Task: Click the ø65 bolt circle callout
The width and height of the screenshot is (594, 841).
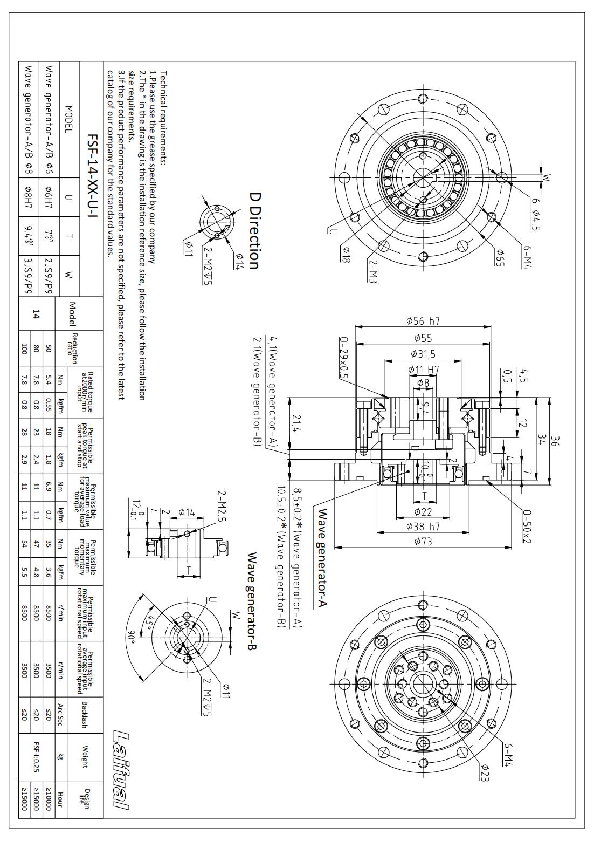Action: coord(500,258)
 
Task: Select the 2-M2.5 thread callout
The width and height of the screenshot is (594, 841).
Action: coord(222,507)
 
